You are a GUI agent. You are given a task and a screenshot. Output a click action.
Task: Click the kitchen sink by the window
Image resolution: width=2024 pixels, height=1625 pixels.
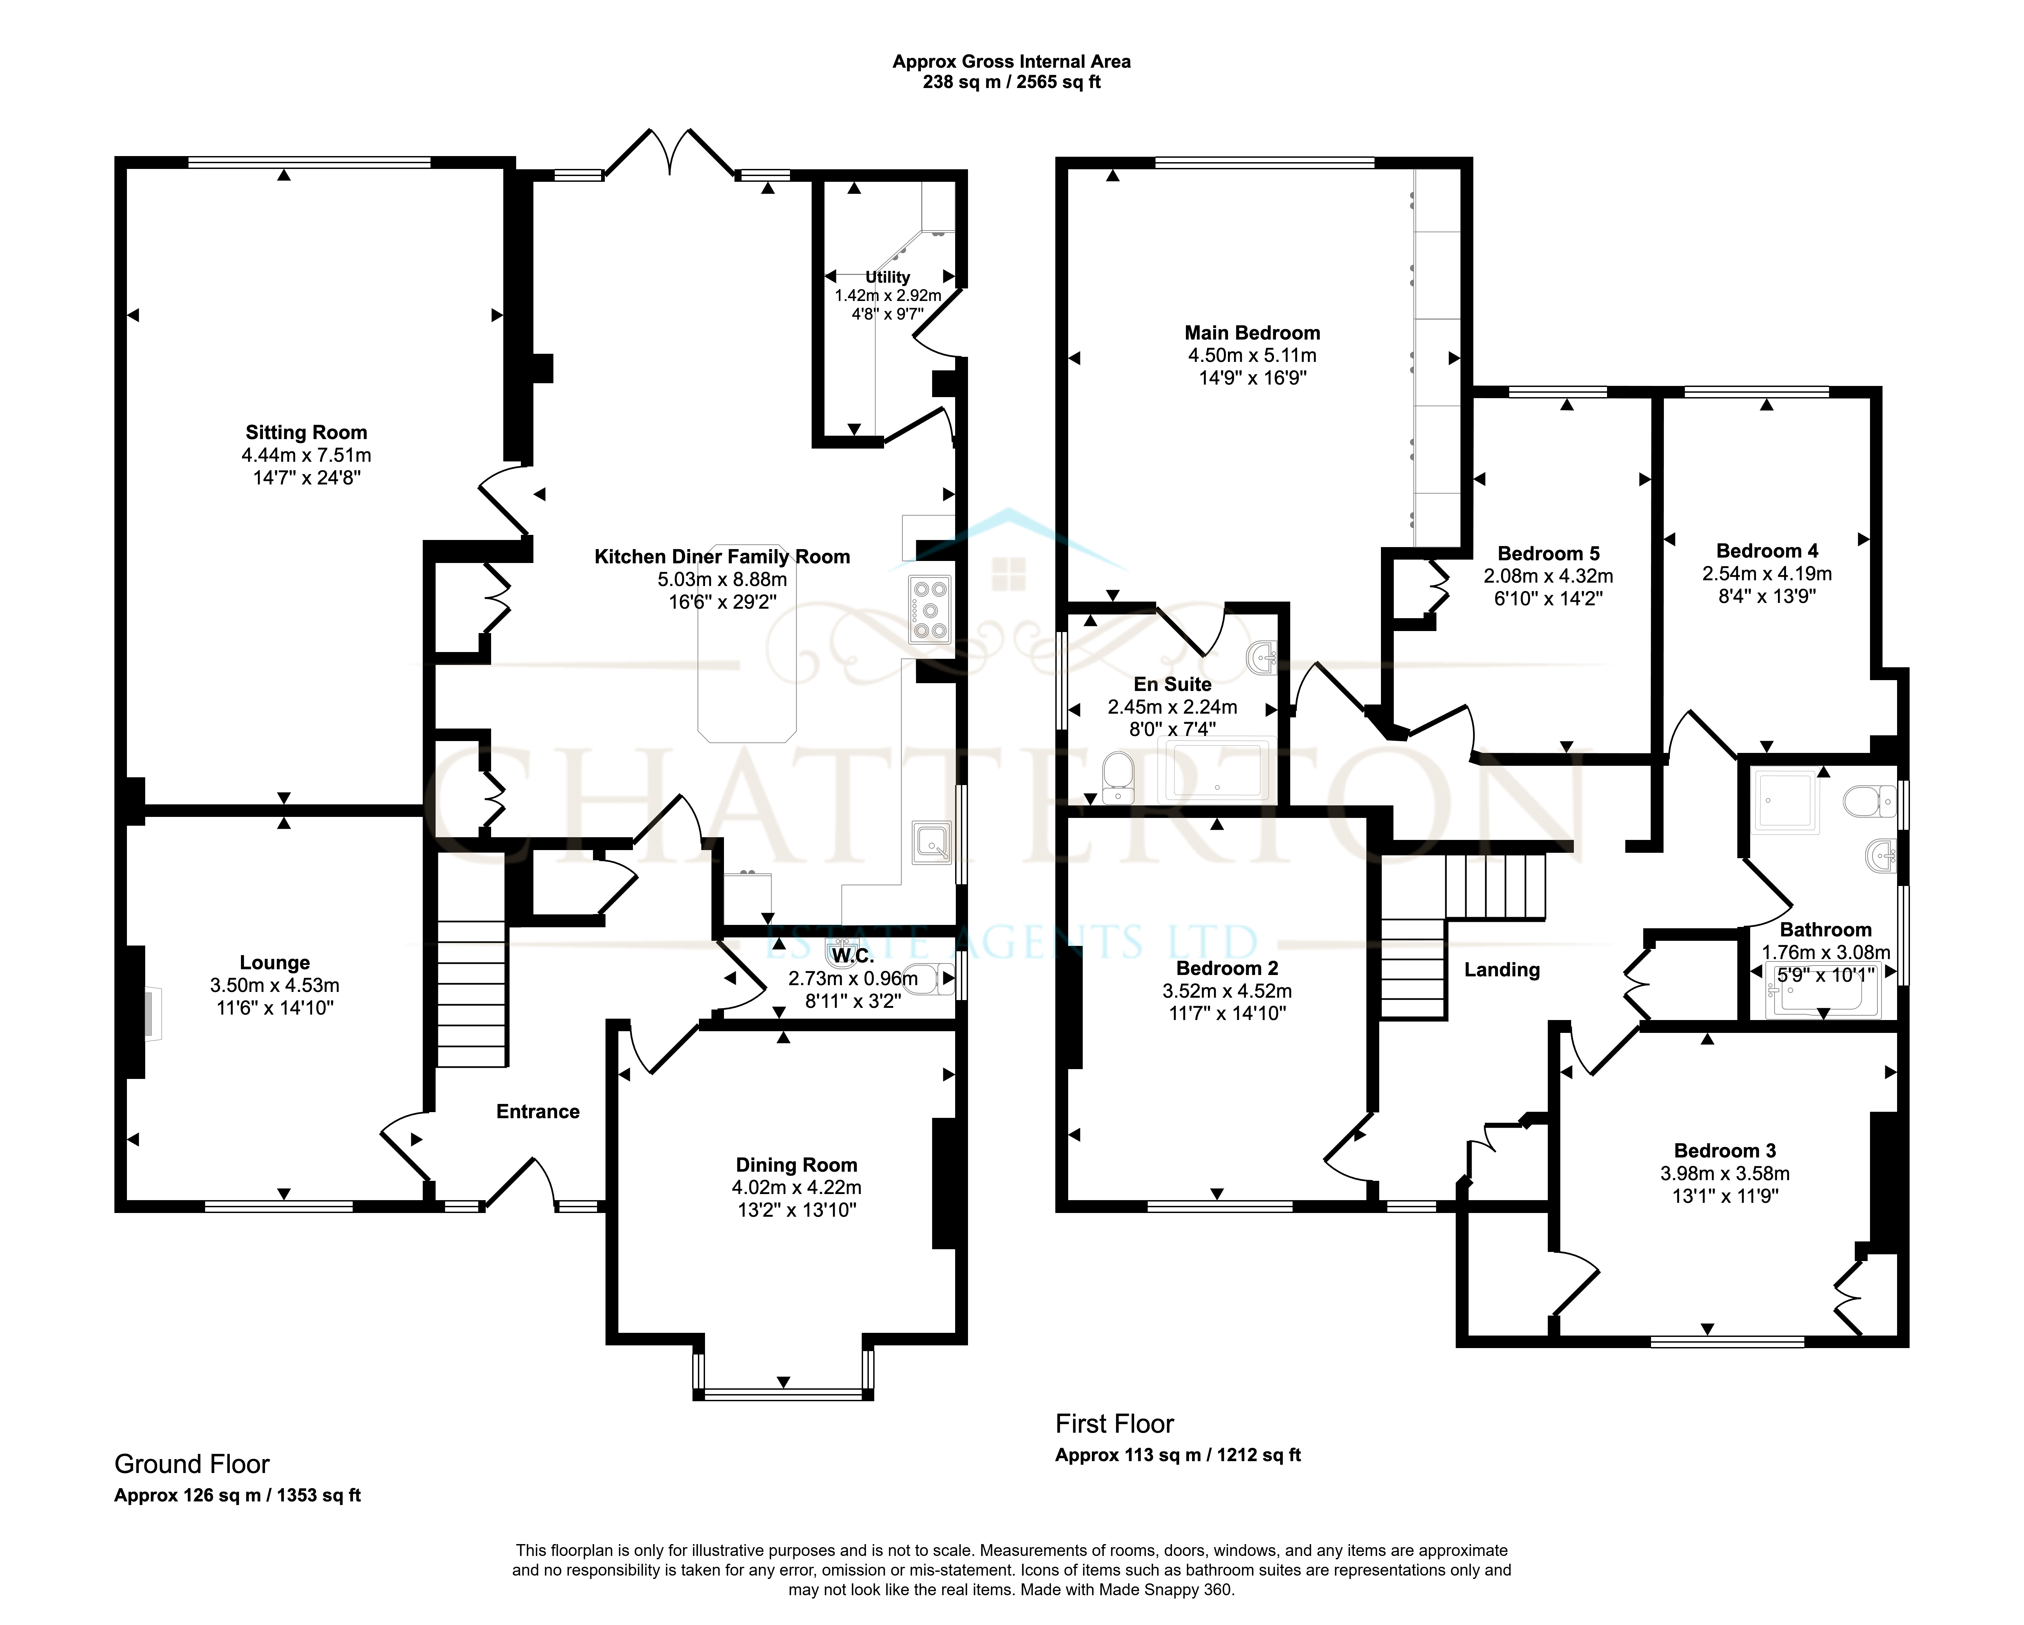coord(931,842)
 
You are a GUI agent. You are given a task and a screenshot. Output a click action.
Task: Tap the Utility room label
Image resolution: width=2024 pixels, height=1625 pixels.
coord(887,277)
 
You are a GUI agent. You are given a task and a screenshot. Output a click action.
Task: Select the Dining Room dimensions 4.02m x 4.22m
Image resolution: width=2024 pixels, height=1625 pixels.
coord(796,1188)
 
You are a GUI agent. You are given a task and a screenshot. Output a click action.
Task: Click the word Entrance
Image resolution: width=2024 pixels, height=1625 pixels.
coord(538,1111)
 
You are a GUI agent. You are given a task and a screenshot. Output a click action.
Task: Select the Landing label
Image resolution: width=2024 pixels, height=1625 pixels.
coord(1502,970)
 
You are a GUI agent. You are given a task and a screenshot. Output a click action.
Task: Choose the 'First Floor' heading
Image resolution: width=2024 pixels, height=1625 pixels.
coord(1114,1424)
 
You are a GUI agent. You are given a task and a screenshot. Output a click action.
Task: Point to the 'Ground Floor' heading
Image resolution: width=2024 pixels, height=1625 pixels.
coord(192,1465)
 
